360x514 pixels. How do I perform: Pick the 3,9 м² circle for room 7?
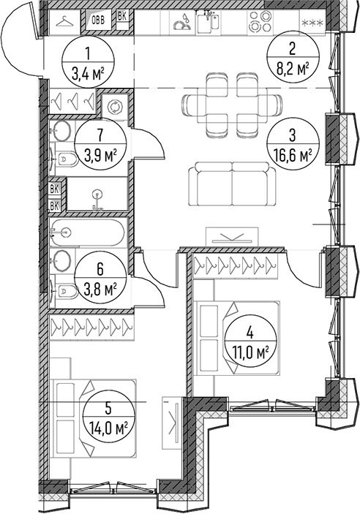pyautogui.click(x=100, y=143)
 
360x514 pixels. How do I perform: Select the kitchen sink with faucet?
pyautogui.click(x=209, y=22)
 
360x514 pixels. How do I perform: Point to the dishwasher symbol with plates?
pyautogui.click(x=182, y=22)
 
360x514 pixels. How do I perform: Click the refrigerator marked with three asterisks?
pyautogui.click(x=312, y=23)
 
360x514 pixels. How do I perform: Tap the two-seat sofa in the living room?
pyautogui.click(x=233, y=184)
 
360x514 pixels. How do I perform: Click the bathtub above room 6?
pyautogui.click(x=88, y=233)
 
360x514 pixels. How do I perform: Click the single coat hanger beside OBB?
pyautogui.click(x=64, y=22)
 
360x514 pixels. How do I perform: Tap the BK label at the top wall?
pyautogui.click(x=122, y=17)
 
